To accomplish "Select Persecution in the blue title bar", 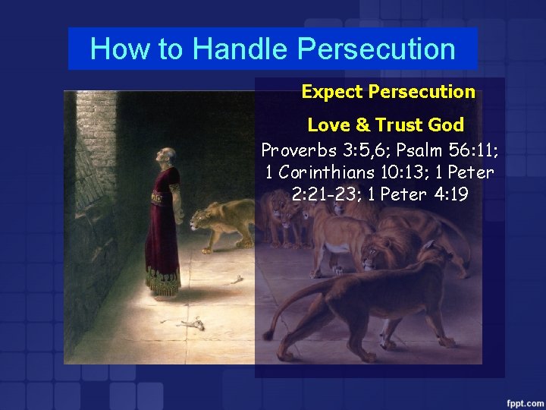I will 376,49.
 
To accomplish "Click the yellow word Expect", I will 331,92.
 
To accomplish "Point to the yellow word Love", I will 325,125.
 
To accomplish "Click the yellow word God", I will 446,125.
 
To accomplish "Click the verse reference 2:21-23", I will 327,194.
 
